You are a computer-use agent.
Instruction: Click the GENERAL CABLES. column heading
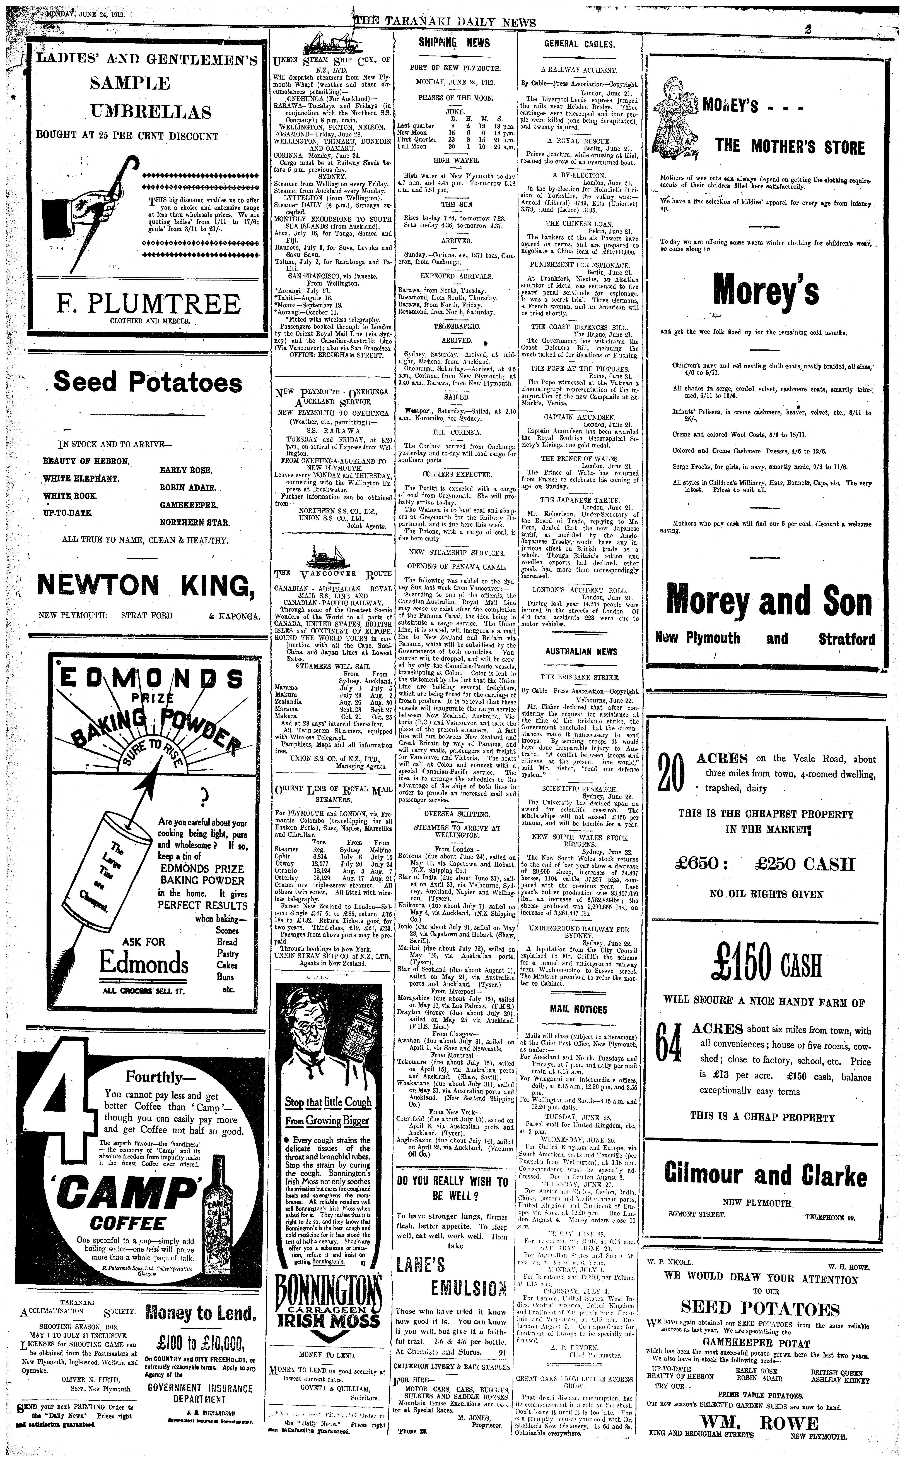click(x=579, y=44)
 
